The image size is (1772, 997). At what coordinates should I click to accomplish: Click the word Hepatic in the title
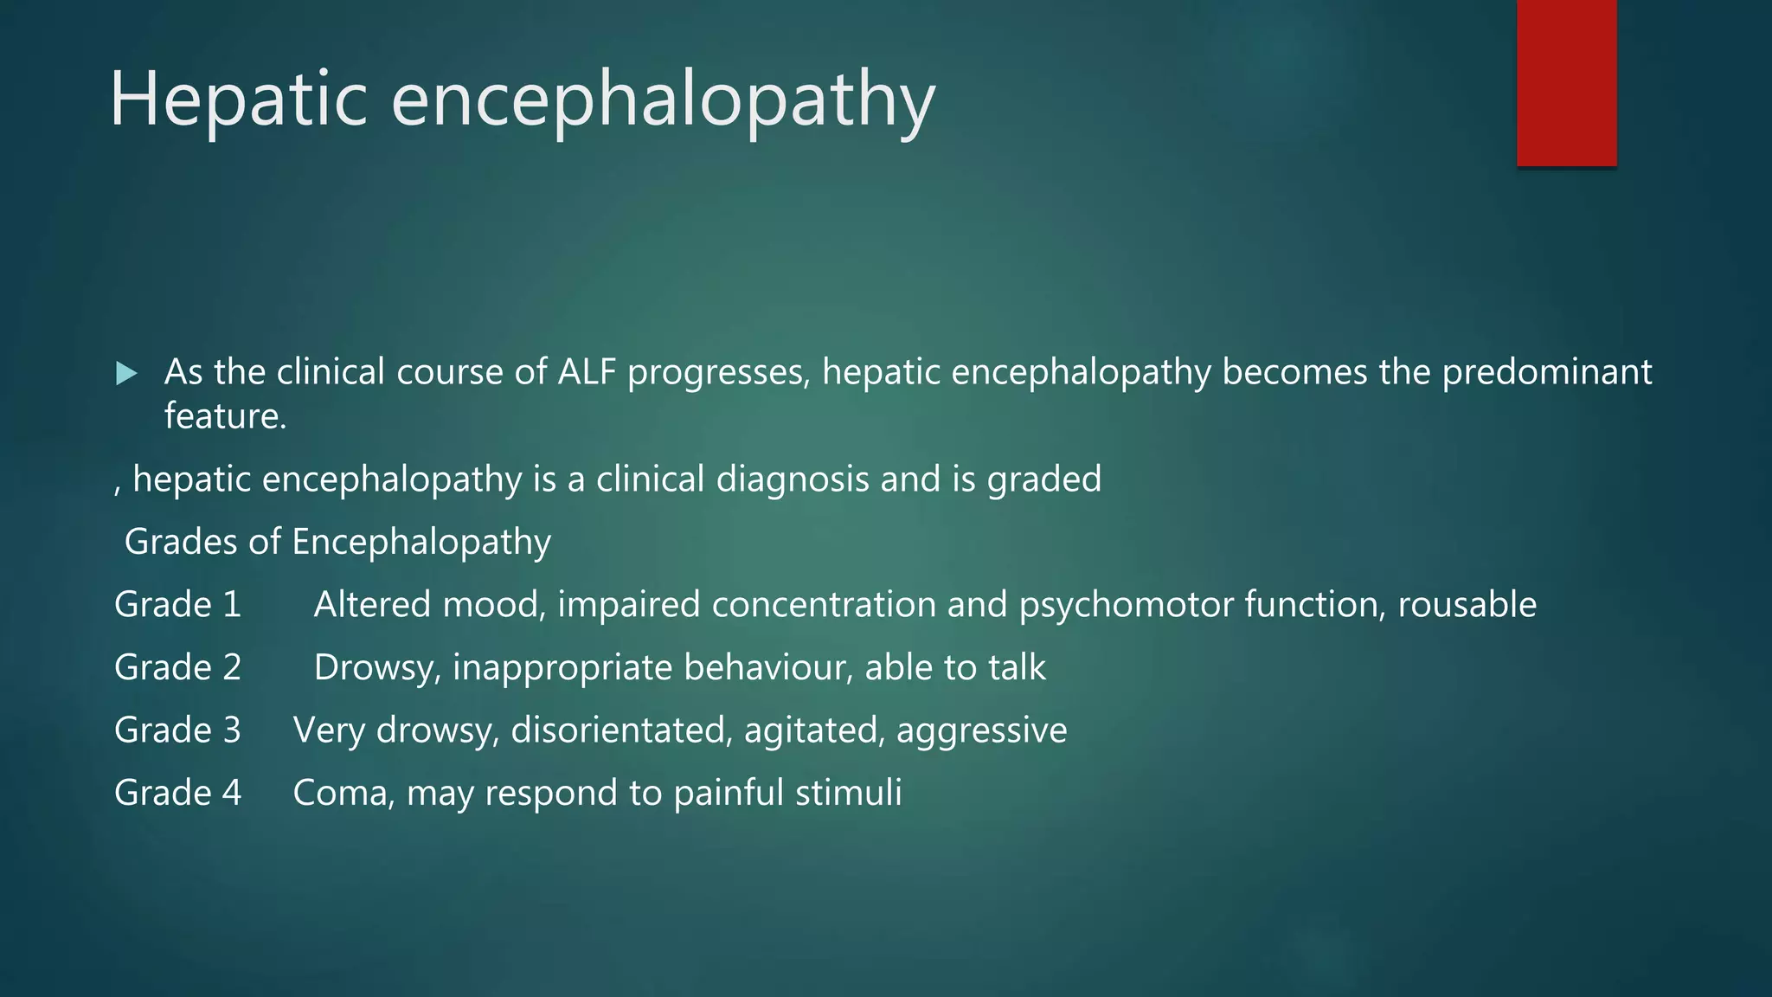(x=239, y=100)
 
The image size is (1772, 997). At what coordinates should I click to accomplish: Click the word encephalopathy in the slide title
(x=663, y=100)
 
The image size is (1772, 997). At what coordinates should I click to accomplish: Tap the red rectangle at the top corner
(x=1566, y=82)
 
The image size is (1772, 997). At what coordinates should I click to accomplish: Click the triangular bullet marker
(x=126, y=374)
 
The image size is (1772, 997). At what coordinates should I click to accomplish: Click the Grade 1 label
(x=177, y=604)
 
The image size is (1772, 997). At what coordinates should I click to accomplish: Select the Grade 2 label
(x=177, y=667)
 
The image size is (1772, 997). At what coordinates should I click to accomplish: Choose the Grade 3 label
(x=177, y=730)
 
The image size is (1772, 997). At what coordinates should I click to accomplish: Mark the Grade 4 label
(x=177, y=793)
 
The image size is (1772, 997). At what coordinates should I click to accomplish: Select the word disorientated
(x=622, y=730)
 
